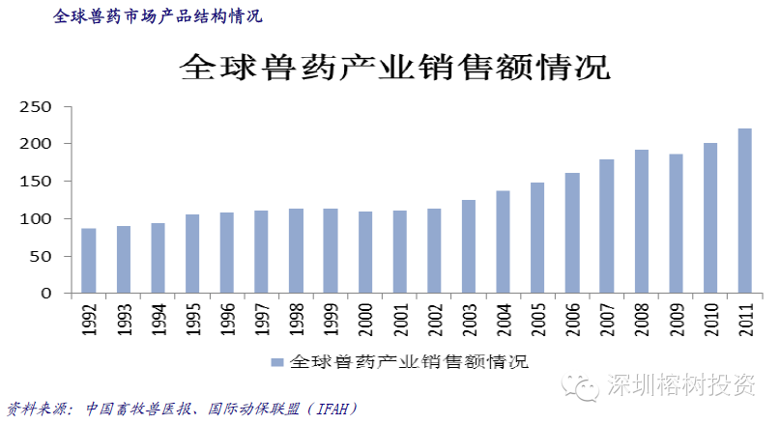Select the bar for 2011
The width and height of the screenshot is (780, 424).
click(745, 212)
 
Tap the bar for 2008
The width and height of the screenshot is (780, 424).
click(642, 222)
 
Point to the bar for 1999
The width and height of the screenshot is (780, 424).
click(331, 251)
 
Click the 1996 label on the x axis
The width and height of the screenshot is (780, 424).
click(228, 318)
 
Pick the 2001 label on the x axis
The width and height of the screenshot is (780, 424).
click(400, 318)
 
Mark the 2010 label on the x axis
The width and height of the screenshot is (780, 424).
click(711, 318)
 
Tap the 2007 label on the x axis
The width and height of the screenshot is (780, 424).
click(607, 318)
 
